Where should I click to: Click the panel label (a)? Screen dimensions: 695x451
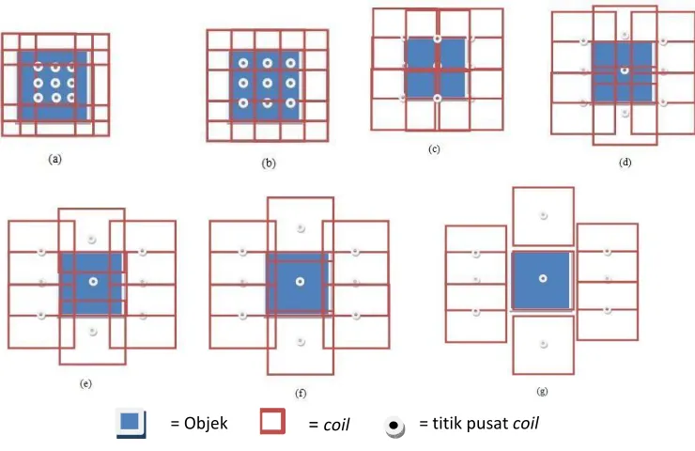(55, 159)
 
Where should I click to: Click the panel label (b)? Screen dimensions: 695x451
(269, 163)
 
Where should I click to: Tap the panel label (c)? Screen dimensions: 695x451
(434, 149)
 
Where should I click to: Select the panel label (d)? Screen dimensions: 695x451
(625, 163)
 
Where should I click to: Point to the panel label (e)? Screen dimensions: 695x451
(86, 383)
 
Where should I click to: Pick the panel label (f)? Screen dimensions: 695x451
(301, 394)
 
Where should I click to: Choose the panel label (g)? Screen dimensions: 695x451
(542, 391)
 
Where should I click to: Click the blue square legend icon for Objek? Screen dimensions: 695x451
(131, 423)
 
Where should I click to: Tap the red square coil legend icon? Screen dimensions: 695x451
(272, 421)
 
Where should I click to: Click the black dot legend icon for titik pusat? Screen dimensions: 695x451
(394, 427)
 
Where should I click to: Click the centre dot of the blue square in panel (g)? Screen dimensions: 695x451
(543, 278)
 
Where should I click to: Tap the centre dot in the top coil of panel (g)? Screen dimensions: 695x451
(544, 215)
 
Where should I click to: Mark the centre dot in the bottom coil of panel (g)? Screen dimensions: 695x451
(544, 344)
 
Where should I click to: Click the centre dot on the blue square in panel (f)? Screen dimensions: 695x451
(301, 282)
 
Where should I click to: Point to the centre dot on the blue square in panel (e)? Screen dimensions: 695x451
(93, 282)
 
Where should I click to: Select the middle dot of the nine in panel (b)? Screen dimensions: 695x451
(268, 83)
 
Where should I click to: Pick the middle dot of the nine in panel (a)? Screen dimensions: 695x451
(55, 83)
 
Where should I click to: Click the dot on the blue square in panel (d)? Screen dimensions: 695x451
(625, 71)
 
